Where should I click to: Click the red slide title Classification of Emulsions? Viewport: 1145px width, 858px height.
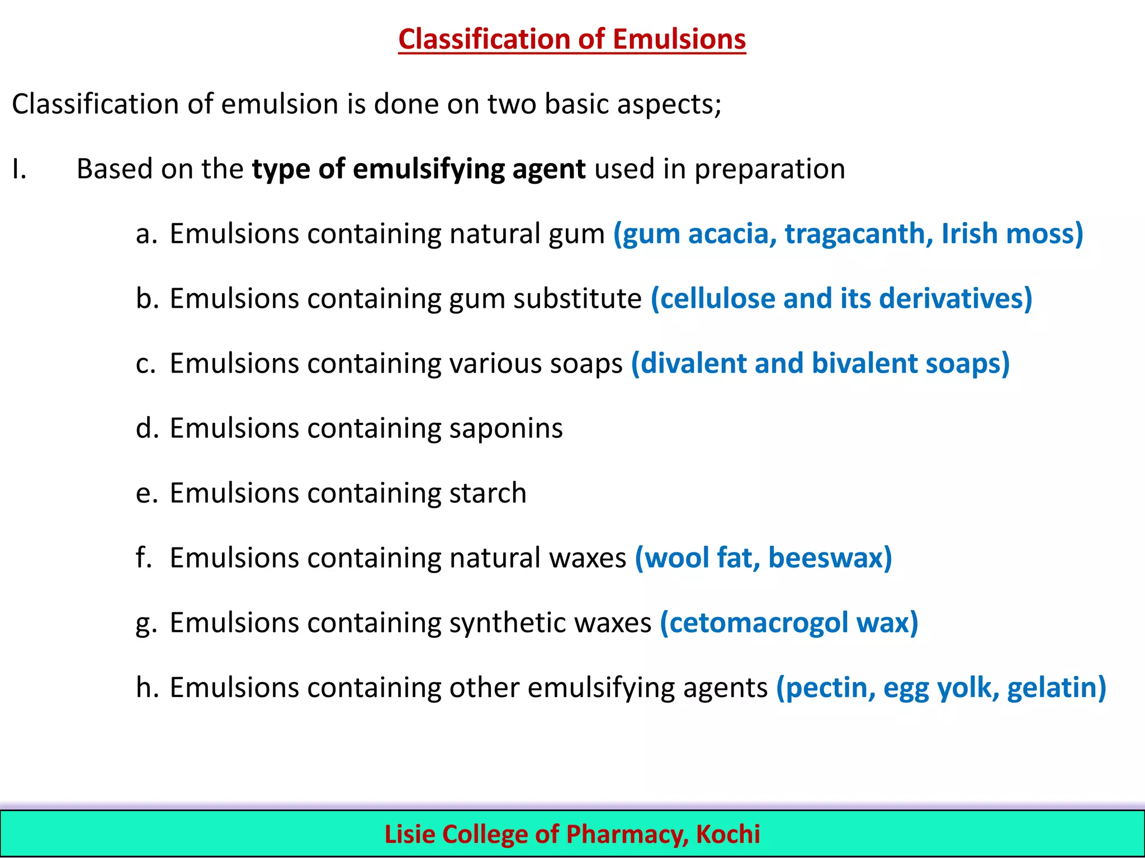[572, 39]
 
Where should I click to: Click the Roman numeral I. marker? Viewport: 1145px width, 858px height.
[19, 169]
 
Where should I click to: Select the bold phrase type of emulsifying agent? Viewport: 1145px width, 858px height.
[418, 169]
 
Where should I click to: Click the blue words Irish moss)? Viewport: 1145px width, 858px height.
[1012, 234]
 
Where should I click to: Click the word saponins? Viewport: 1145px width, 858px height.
[505, 428]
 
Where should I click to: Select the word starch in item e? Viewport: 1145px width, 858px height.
[488, 493]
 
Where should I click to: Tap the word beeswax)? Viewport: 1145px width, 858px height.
[830, 558]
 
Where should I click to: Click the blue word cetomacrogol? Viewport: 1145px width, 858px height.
[758, 623]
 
